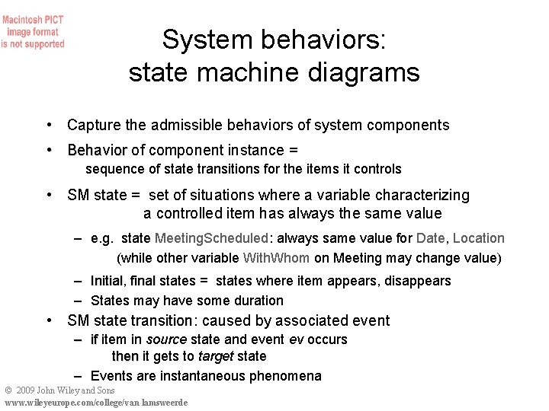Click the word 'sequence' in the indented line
click(x=111, y=169)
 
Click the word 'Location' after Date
click(x=479, y=238)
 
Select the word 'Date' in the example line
click(x=432, y=238)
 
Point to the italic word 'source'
click(x=166, y=339)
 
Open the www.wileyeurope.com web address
click(x=95, y=403)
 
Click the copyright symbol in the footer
click(x=8, y=390)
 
